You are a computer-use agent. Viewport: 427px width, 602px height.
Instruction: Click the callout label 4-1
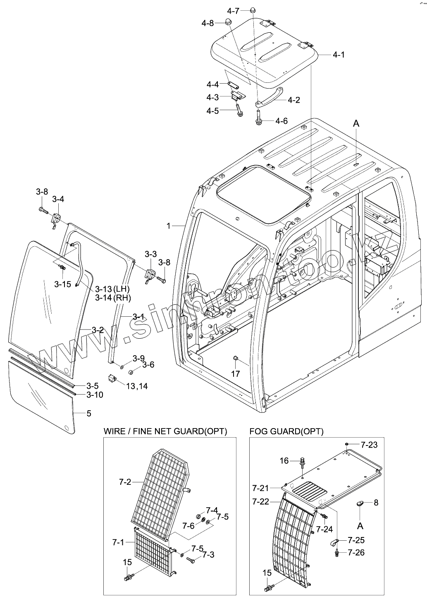click(x=339, y=55)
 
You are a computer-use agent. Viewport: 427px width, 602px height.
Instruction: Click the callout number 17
click(x=235, y=374)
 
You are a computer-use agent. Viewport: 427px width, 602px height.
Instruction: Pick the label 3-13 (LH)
click(x=112, y=289)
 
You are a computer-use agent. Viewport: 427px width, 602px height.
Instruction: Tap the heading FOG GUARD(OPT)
click(x=286, y=431)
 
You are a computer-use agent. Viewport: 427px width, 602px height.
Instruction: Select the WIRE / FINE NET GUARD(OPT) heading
click(x=165, y=431)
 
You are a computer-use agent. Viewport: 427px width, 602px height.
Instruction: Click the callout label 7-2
click(x=125, y=482)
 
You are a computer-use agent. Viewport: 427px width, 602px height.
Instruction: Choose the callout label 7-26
click(x=356, y=553)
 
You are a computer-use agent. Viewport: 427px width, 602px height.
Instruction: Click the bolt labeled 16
click(x=302, y=460)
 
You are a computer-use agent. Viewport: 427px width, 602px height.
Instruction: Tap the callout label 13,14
click(x=137, y=386)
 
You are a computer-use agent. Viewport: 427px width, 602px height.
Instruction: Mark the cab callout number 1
click(x=169, y=226)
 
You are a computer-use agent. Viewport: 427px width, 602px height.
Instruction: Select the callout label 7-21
click(x=261, y=488)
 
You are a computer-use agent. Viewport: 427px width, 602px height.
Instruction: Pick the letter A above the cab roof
click(x=356, y=123)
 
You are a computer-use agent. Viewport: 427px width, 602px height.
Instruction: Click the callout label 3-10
click(x=95, y=395)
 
